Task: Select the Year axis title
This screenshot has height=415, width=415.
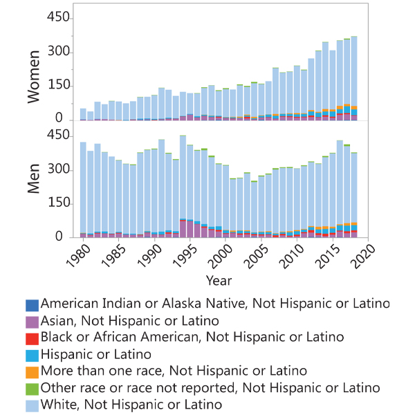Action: coord(219,280)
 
